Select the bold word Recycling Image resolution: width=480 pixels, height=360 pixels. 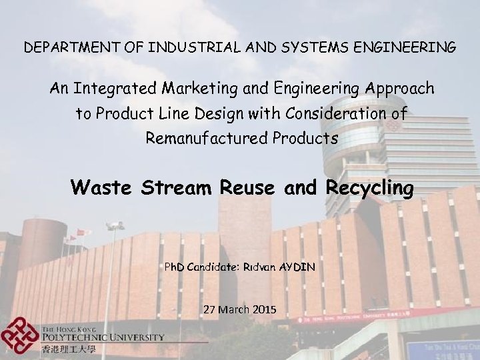pos(370,188)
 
